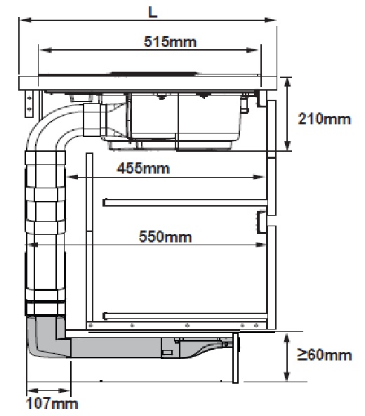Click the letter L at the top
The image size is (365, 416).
(153, 12)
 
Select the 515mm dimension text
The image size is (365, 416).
(170, 41)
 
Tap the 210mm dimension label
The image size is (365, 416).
(324, 119)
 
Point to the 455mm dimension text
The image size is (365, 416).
(143, 168)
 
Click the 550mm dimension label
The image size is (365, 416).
(165, 237)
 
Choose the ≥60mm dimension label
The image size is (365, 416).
(324, 354)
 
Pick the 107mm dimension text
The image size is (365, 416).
(52, 403)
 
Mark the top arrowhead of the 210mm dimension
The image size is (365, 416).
(287, 83)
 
